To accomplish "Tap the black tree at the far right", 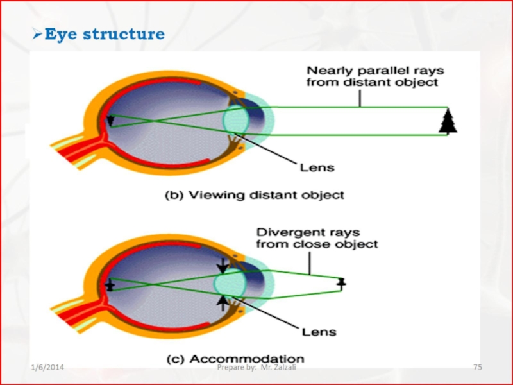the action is (448, 121).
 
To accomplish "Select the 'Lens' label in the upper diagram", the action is (317, 168).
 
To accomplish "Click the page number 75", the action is (477, 367).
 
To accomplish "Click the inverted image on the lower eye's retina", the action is (110, 286).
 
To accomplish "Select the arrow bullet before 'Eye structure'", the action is (37, 34).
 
